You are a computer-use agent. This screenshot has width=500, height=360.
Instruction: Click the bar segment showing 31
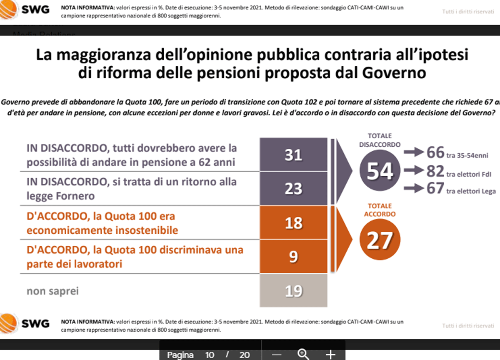[x=293, y=155]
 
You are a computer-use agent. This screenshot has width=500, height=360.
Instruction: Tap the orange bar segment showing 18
[x=293, y=222]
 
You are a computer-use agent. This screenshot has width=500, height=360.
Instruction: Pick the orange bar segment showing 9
[x=293, y=257]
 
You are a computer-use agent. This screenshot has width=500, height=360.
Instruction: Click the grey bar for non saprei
[x=293, y=290]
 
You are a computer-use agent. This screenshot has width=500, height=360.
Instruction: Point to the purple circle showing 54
[x=380, y=171]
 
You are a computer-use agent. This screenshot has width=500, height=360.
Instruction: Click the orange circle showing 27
[x=379, y=240]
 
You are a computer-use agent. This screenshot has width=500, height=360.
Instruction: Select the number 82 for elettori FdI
[x=435, y=171]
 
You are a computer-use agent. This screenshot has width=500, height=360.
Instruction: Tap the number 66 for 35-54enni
[x=435, y=153]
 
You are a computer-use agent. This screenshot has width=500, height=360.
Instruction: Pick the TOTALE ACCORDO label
[x=379, y=210]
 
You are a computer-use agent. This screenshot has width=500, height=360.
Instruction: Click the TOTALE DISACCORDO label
[x=379, y=140]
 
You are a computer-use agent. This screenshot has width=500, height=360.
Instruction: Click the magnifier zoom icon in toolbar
[x=303, y=354]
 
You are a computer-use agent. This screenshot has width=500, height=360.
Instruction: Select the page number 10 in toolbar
[x=210, y=355]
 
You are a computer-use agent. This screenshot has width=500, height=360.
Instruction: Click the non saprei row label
[x=52, y=291]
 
